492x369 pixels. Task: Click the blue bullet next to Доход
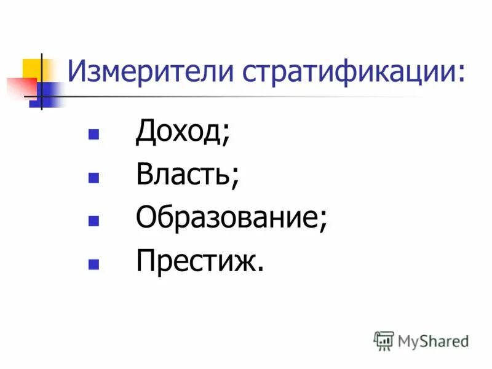(x=93, y=134)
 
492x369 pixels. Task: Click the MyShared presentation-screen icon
(x=383, y=340)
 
